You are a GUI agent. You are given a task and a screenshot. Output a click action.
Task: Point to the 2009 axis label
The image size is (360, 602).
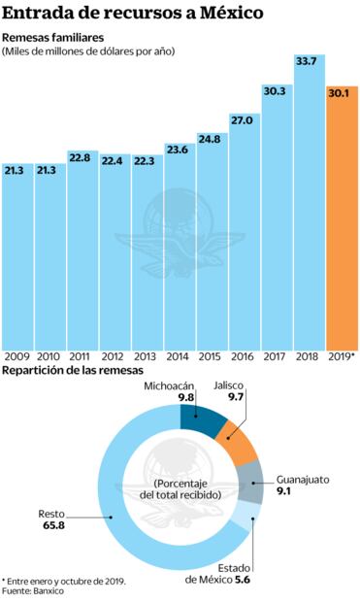pos(16,357)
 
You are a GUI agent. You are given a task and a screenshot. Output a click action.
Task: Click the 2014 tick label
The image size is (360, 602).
pos(179,357)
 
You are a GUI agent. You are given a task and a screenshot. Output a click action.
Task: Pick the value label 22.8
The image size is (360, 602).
pos(82,158)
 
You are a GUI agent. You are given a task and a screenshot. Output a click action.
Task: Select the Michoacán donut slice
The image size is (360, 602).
pos(202,421)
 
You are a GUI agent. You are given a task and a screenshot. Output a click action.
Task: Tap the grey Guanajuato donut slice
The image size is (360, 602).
pos(252,482)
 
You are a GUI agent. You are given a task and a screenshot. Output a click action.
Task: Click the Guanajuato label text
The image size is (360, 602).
pos(304,480)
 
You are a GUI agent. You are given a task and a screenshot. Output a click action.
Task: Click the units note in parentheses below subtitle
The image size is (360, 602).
pos(88,50)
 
